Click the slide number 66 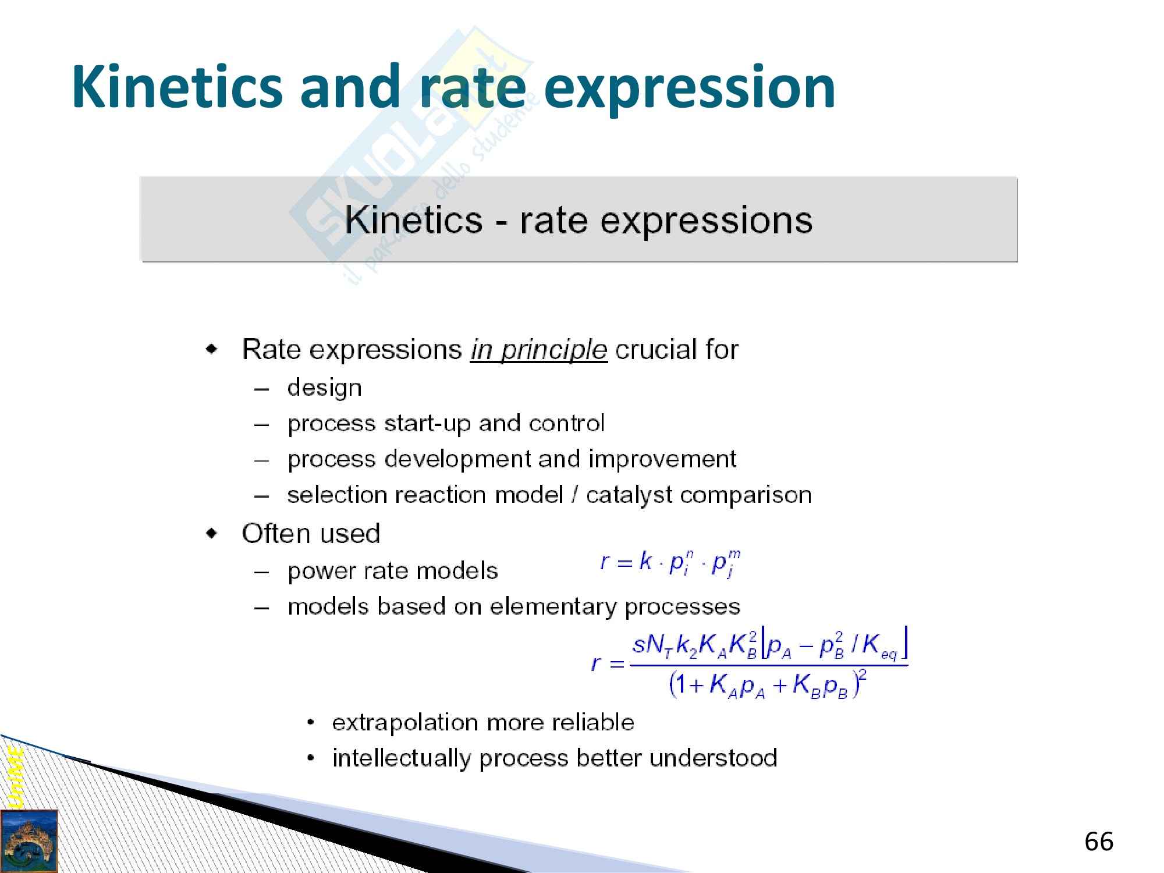pos(1099,842)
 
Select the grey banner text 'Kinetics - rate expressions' pos(579,220)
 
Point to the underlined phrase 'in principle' pos(539,350)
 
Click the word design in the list pos(325,388)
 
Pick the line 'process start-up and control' pos(446,424)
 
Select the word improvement pos(662,460)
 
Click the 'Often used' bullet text pos(311,533)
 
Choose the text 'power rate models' pos(393,571)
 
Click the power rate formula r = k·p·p pos(670,563)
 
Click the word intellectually pos(402,758)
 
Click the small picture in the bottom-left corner pos(29,841)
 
